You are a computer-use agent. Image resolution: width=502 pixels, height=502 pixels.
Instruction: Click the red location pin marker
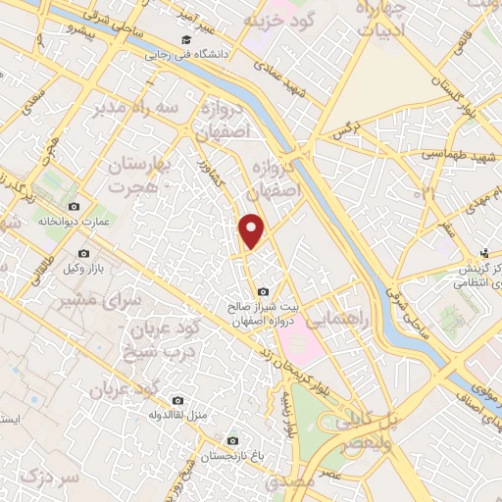click(x=253, y=231)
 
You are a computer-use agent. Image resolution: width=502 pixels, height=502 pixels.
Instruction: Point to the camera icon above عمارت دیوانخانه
click(x=74, y=206)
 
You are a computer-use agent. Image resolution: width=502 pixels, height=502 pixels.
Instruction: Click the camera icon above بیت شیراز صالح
click(x=262, y=292)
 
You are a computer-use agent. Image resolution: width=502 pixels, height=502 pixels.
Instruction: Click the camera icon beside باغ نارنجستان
click(x=233, y=440)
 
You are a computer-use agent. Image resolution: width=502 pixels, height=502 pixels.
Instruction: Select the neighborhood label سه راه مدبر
click(x=138, y=110)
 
